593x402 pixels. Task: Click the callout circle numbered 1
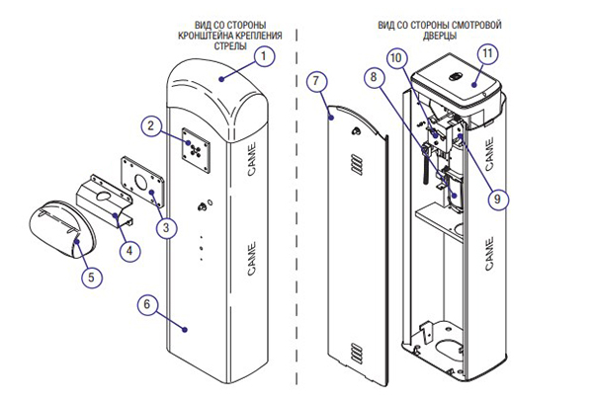[264, 56]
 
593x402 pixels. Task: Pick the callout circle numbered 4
[127, 251]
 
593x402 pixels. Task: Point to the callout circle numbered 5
[90, 278]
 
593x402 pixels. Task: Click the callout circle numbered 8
[373, 75]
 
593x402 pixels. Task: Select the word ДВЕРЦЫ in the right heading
[438, 34]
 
